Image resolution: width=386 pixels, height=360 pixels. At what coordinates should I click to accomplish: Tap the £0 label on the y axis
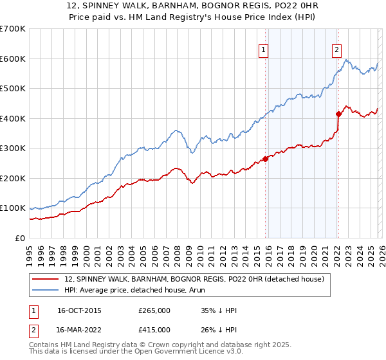pyautogui.click(x=21, y=238)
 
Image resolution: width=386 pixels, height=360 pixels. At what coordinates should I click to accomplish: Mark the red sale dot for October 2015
pyautogui.click(x=265, y=159)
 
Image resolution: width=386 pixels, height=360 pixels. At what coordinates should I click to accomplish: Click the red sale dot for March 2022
pyautogui.click(x=338, y=114)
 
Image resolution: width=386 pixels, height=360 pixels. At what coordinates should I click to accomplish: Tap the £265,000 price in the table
pyautogui.click(x=154, y=310)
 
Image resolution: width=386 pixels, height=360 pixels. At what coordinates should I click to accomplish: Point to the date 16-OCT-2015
pyautogui.click(x=79, y=310)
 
